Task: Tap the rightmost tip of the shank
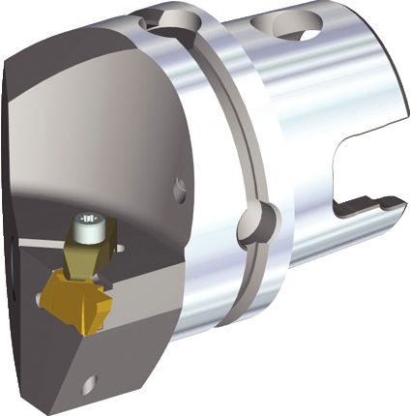click(400, 202)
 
